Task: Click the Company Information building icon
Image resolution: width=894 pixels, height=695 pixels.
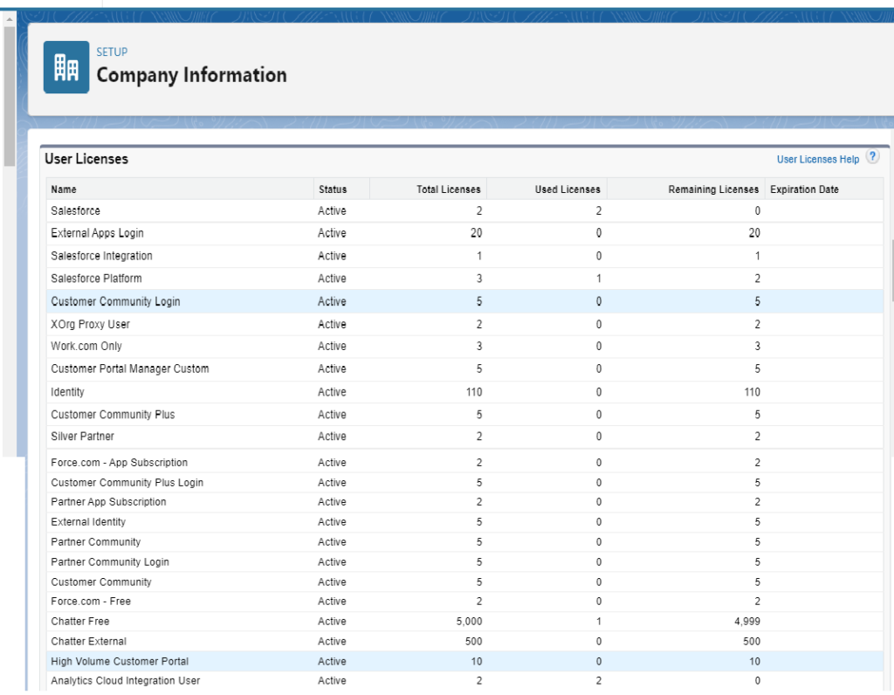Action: [x=66, y=67]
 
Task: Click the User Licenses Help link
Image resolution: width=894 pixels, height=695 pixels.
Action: [x=817, y=160]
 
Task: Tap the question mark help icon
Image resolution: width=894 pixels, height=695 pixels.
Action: [x=872, y=158]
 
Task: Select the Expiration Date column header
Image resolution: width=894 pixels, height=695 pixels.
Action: [x=804, y=189]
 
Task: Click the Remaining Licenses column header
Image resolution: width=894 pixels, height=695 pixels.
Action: [x=713, y=189]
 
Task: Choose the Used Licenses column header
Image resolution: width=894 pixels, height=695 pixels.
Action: [x=567, y=189]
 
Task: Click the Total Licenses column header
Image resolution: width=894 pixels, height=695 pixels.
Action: [x=448, y=189]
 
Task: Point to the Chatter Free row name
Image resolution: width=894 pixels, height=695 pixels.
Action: [x=80, y=622]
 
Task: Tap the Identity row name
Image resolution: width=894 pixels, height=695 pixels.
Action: [x=67, y=392]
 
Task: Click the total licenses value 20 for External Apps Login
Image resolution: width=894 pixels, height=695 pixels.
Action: [x=475, y=233]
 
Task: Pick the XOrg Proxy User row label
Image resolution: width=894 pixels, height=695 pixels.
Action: [x=90, y=324]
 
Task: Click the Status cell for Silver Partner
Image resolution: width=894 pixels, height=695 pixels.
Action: [x=332, y=437]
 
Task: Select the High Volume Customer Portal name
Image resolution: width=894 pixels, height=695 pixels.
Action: [x=120, y=662]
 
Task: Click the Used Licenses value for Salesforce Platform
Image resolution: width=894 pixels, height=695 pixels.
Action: [x=598, y=279]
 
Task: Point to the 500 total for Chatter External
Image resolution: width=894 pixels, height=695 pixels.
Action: [x=472, y=642]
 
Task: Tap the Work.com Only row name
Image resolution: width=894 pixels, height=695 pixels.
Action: [x=86, y=347]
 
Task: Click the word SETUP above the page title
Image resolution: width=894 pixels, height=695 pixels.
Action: [x=112, y=52]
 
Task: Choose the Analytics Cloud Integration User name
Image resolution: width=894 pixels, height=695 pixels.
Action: [x=125, y=681]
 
